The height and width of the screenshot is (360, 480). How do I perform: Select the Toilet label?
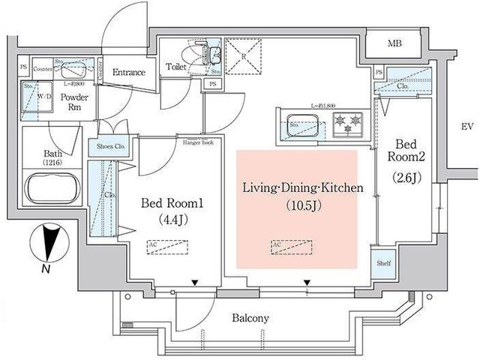pos(176,67)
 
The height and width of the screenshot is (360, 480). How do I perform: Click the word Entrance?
pos(128,73)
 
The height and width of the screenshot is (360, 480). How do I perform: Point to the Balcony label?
pos(250,318)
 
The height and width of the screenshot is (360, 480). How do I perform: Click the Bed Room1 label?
pos(169,202)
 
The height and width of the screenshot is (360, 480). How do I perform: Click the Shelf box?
pos(383,263)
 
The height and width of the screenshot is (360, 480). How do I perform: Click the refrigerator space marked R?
pos(242,58)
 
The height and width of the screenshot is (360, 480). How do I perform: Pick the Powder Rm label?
pos(76,102)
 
